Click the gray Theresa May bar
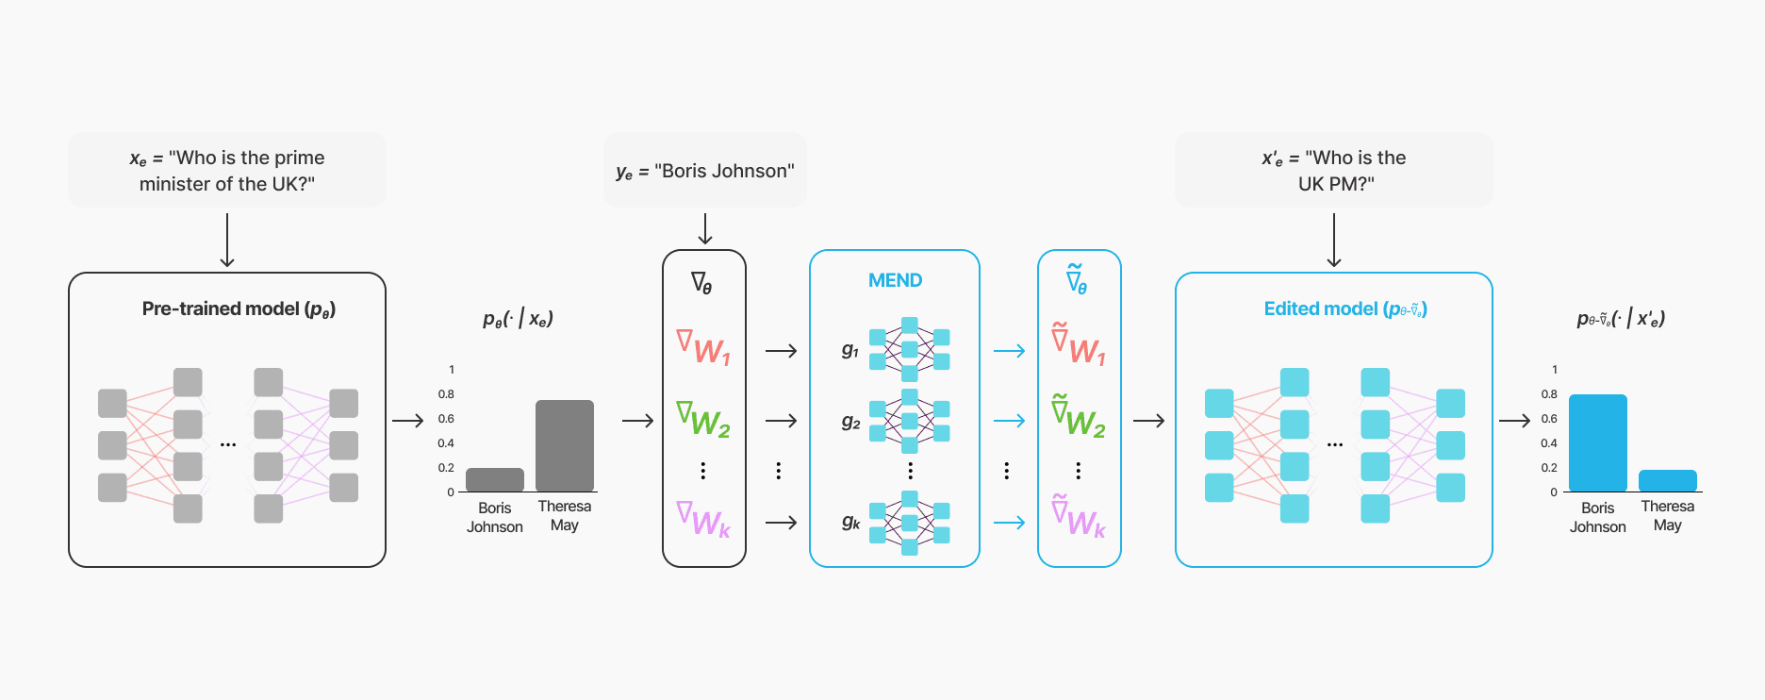click(x=564, y=445)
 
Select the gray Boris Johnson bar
click(x=494, y=479)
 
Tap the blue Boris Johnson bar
click(x=1597, y=443)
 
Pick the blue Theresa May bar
click(x=1667, y=480)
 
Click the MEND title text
click(x=895, y=280)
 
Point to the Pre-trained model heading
click(x=239, y=308)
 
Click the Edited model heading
click(x=1344, y=308)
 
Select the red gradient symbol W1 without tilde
click(x=703, y=346)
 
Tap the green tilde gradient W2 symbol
click(x=1078, y=416)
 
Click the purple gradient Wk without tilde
click(x=703, y=519)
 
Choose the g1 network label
click(x=850, y=350)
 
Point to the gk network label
click(x=850, y=522)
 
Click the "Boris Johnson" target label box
click(x=705, y=171)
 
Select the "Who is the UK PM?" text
click(x=1334, y=171)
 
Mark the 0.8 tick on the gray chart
click(x=446, y=394)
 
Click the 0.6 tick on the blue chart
click(x=1549, y=419)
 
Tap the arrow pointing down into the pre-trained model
click(x=227, y=241)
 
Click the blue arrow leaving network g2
click(x=1009, y=421)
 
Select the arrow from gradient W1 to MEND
click(x=781, y=351)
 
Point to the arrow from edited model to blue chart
click(x=1514, y=421)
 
